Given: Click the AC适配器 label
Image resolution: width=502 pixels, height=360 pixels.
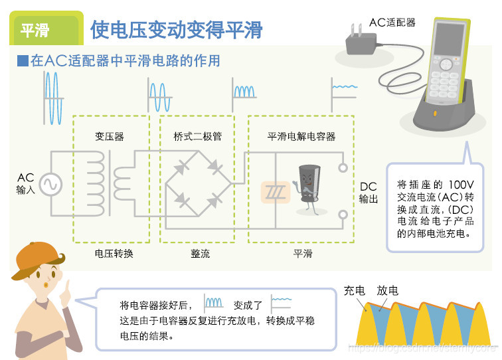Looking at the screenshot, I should click(x=392, y=23).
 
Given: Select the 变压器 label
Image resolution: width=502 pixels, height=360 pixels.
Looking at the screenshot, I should click(x=110, y=137).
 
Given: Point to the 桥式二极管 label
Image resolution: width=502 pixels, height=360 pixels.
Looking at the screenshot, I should click(x=198, y=137).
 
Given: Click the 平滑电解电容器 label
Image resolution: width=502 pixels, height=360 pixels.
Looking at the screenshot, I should click(x=301, y=137).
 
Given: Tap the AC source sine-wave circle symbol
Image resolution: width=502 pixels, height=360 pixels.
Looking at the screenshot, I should click(x=50, y=184).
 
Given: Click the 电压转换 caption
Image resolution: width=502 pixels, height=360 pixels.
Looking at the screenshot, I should click(x=114, y=253).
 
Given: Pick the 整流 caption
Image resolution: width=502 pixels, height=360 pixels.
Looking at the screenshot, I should click(x=200, y=253).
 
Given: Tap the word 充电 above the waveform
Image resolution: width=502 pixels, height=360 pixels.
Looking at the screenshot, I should click(x=355, y=291).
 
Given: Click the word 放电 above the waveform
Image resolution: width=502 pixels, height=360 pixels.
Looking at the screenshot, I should click(x=388, y=291).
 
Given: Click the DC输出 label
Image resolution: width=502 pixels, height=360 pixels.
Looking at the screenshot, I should click(x=369, y=193).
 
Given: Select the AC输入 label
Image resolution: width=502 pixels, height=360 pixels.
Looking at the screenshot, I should click(x=25, y=184).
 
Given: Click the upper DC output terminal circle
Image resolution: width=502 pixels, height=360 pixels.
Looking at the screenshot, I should click(x=343, y=169).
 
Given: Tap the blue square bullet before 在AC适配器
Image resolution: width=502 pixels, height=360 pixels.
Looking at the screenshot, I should click(x=23, y=61).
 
